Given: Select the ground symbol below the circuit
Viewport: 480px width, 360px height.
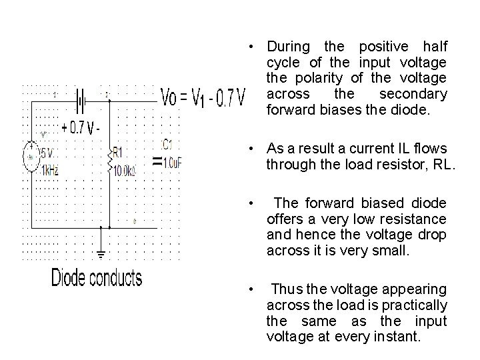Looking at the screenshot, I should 101,253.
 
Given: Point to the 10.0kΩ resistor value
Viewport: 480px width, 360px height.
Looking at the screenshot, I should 125,171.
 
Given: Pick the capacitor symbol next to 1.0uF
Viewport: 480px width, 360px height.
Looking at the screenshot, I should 157,161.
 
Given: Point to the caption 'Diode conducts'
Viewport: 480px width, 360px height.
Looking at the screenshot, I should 97,278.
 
